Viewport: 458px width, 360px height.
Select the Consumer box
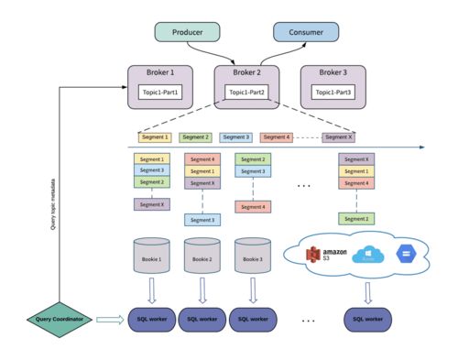[306, 32]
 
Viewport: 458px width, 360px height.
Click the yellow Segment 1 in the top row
[154, 137]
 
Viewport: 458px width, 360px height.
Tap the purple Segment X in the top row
[338, 137]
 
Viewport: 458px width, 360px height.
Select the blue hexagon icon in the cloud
[406, 254]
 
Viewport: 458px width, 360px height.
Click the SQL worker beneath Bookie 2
[202, 319]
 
